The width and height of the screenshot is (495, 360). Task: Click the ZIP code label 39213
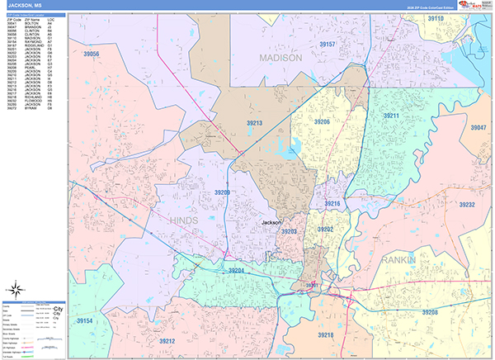coord(253,123)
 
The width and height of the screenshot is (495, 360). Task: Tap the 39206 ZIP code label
coord(321,121)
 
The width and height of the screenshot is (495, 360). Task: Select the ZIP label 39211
coord(389,116)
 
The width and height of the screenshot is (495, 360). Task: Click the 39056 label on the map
coord(86,54)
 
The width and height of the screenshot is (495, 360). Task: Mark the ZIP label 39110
coord(435,18)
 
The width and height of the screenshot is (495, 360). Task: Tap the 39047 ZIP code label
coord(478,128)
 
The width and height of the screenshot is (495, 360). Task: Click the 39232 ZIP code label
coord(467,204)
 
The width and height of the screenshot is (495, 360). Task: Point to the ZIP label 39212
coord(167,340)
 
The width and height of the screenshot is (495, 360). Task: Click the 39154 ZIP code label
coord(85,320)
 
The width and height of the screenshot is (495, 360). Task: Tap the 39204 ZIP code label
coord(236,271)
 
